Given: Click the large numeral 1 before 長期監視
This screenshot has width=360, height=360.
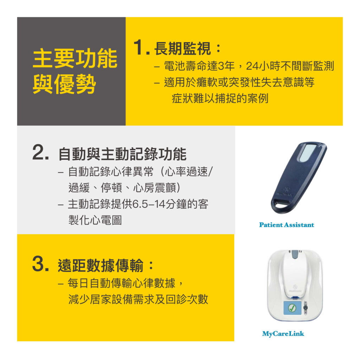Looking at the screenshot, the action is tap(140, 47).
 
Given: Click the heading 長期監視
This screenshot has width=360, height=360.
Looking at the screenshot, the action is tap(182, 49).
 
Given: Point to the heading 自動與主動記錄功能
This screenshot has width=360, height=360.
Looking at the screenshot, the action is tap(122, 154).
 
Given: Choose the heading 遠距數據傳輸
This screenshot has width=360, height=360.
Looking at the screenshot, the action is tap(101, 265).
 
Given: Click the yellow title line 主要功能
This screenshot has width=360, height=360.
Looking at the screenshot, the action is tap(75, 58).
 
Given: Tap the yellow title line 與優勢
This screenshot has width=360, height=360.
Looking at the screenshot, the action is tap(64, 84).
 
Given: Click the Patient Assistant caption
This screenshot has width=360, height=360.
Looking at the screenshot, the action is tap(287, 225).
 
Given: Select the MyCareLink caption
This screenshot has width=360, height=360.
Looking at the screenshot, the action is tap(283, 334).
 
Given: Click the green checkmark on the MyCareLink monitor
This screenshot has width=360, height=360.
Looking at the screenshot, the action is tap(292, 308).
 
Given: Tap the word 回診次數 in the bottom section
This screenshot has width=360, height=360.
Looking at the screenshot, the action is tap(187, 299).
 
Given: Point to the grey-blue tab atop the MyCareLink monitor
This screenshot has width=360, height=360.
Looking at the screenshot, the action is tap(294, 255).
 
